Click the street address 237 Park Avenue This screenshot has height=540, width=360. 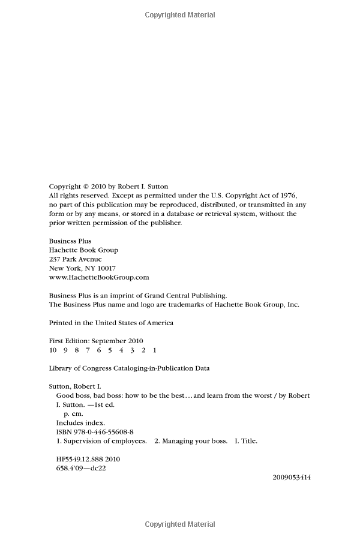[x=75, y=259]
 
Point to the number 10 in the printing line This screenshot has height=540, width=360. [x=53, y=350]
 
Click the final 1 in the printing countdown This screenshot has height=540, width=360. [x=154, y=350]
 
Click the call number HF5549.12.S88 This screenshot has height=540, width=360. [x=79, y=459]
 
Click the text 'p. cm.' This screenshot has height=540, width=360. [x=74, y=413]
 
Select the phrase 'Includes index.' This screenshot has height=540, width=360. [x=79, y=422]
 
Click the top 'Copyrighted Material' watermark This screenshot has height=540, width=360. [x=180, y=14]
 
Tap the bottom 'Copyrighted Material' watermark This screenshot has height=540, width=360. [x=180, y=524]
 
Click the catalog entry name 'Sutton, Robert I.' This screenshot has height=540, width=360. [x=74, y=386]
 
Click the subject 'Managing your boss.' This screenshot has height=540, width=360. [x=195, y=441]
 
